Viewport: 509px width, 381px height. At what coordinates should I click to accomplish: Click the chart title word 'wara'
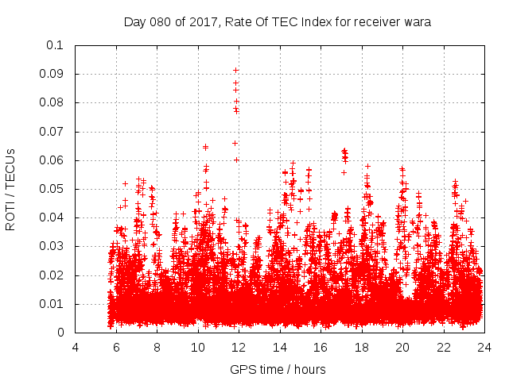[x=416, y=22]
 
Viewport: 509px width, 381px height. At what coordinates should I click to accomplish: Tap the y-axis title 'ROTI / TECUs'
[x=11, y=189]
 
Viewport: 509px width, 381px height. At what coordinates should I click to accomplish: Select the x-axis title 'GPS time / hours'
[x=278, y=370]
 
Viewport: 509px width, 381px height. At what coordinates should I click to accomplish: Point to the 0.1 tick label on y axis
[x=55, y=45]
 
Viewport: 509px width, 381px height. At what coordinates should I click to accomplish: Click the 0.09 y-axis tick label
[x=52, y=74]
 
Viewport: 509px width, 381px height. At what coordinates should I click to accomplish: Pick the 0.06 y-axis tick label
[x=52, y=160]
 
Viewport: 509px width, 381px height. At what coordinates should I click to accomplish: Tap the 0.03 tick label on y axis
[x=52, y=247]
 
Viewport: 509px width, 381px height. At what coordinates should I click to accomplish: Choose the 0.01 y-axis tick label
[x=52, y=304]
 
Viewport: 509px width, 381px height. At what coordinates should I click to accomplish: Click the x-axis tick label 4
[x=76, y=347]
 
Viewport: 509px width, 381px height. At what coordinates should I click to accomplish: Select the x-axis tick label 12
[x=239, y=347]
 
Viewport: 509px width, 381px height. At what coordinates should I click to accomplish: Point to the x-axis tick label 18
[x=361, y=347]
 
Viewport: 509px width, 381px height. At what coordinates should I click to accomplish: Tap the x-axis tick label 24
[x=484, y=347]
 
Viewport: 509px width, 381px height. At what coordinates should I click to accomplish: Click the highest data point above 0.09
[x=235, y=70]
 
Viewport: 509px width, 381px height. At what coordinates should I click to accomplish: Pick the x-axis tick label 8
[x=157, y=347]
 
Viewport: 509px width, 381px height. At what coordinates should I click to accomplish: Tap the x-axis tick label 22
[x=443, y=347]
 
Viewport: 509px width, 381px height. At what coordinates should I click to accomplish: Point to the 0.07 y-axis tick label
[x=52, y=132]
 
